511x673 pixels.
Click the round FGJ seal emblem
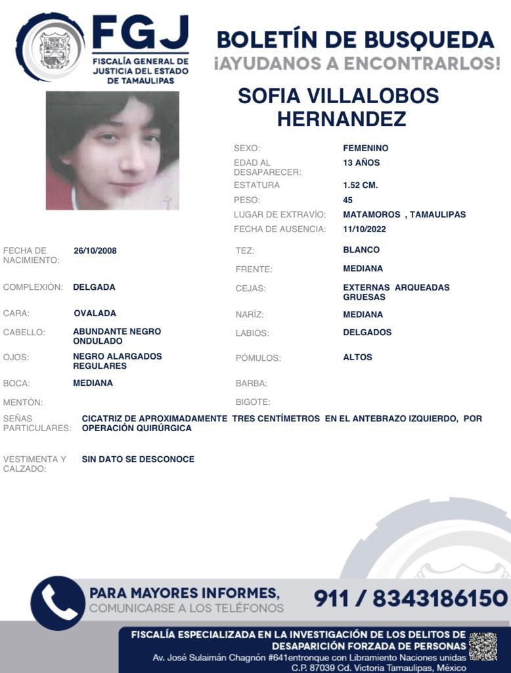(51, 47)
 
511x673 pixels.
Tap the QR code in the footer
(483, 647)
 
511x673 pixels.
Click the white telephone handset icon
(58, 603)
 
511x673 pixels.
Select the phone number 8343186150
(440, 599)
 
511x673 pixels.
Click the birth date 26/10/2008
(95, 250)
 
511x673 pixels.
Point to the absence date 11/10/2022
(365, 229)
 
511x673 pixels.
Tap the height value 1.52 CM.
(361, 185)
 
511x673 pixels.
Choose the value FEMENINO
(366, 149)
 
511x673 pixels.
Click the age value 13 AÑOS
(361, 163)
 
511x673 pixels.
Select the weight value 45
(348, 200)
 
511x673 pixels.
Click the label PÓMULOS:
(258, 358)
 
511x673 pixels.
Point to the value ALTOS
(358, 358)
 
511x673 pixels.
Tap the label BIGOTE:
(253, 402)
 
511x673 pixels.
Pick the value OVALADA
(95, 313)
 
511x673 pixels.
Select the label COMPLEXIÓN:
(33, 287)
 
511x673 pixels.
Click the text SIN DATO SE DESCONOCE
(138, 459)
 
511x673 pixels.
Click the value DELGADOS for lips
(367, 333)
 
